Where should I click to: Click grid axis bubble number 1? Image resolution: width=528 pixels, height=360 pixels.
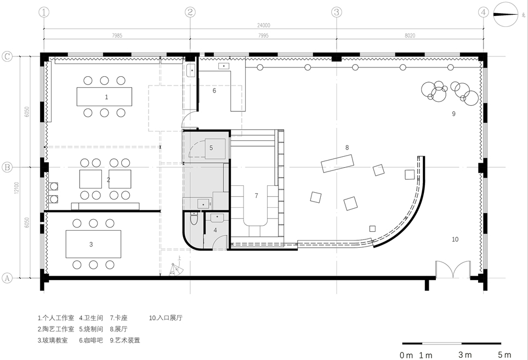point(44,12)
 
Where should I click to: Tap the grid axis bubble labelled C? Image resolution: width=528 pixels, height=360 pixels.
point(8,56)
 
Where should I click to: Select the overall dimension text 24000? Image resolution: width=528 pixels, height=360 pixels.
point(264,25)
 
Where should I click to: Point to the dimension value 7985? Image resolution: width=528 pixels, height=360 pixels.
point(117,35)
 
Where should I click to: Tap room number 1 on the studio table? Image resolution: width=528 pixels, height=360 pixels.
point(106,97)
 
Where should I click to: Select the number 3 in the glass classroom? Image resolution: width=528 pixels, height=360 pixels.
point(91,244)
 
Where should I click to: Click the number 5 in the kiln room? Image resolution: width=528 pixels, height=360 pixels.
point(211,148)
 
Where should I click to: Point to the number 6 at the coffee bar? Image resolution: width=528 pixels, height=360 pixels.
point(214,90)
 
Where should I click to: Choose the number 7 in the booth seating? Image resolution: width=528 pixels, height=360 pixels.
point(256,196)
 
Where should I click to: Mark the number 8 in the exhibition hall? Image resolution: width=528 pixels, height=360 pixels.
point(347,147)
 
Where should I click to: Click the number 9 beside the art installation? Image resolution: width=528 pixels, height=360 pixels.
point(453,114)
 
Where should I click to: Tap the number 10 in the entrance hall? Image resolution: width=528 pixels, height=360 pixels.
point(455,239)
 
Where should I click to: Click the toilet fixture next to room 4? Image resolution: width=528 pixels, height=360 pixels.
point(193,220)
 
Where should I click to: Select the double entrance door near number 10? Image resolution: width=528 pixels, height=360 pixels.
point(453,270)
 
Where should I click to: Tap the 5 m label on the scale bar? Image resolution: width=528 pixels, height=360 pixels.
point(504,355)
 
